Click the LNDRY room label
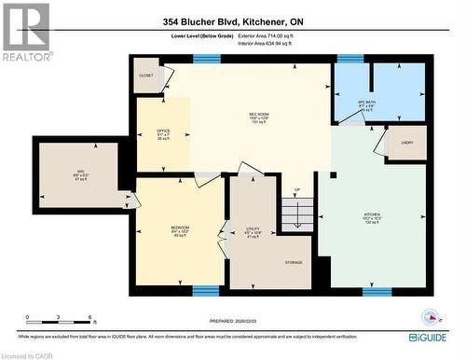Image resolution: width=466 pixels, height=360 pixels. (407, 142)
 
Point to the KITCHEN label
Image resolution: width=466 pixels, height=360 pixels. (371, 214)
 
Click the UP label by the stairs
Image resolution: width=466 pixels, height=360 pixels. (297, 191)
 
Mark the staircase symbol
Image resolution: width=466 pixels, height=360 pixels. (297, 215)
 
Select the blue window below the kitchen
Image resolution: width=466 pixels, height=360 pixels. (377, 291)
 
